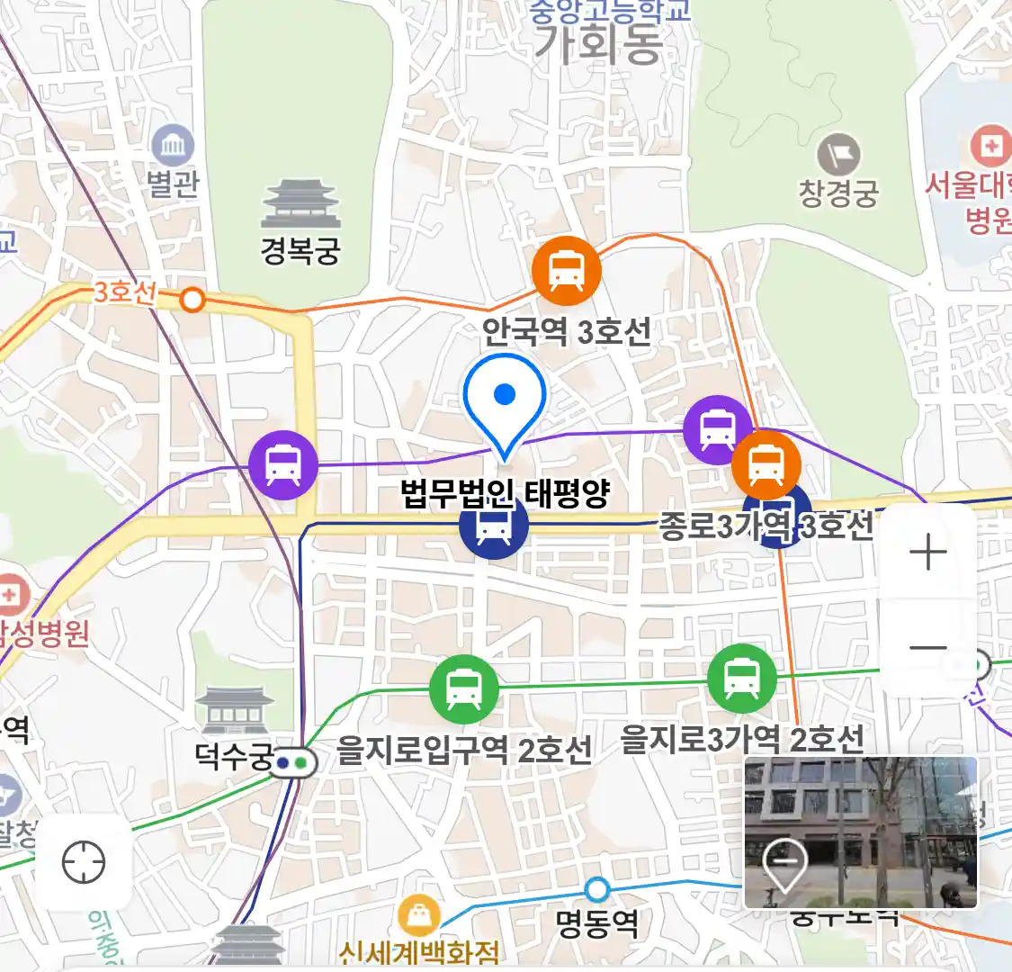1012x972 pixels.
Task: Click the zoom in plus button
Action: click(927, 552)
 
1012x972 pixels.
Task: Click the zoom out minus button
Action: click(927, 647)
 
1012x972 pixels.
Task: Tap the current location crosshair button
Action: click(84, 862)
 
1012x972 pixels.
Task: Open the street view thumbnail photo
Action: click(860, 832)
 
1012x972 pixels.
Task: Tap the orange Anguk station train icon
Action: click(566, 270)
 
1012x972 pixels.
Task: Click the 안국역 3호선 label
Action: click(566, 333)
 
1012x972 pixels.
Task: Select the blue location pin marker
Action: click(505, 400)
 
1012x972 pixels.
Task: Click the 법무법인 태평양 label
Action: click(505, 493)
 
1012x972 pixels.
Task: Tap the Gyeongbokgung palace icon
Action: click(300, 204)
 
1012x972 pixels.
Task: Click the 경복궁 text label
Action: click(300, 250)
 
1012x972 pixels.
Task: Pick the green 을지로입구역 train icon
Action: click(463, 688)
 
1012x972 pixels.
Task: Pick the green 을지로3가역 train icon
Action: click(741, 678)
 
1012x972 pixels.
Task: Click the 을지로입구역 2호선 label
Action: click(464, 750)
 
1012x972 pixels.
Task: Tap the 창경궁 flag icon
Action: click(838, 155)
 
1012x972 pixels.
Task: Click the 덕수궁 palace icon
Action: click(234, 711)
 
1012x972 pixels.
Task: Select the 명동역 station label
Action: click(596, 923)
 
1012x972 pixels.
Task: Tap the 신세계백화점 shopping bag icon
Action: click(418, 916)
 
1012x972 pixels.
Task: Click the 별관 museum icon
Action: click(173, 146)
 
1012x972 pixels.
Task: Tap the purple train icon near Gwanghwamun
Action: click(283, 465)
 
